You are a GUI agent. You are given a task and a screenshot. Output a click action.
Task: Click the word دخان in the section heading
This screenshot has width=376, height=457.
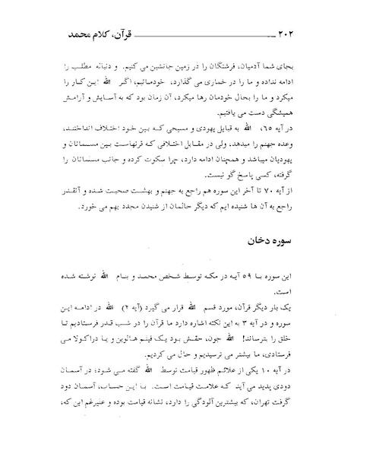(x=249, y=223)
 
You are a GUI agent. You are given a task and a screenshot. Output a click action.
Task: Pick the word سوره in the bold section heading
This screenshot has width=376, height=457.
(x=281, y=223)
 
